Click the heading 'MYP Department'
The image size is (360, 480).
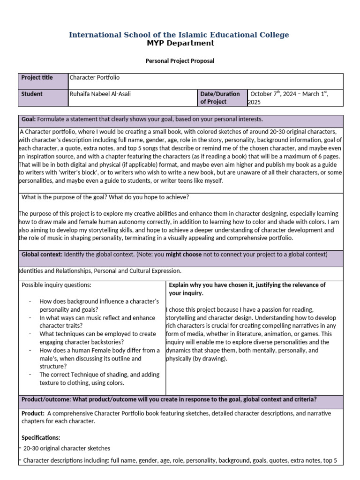tap(180, 43)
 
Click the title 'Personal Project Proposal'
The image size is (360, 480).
tap(180, 61)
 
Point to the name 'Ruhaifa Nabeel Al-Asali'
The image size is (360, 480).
tap(100, 94)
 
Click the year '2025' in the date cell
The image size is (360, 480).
tap(254, 102)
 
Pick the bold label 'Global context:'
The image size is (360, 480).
tap(42, 254)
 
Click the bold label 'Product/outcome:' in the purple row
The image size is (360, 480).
tap(46, 399)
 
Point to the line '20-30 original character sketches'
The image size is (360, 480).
tap(67, 449)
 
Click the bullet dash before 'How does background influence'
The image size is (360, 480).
tap(30, 301)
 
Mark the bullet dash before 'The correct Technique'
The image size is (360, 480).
tap(30, 375)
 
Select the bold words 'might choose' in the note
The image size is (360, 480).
tap(184, 254)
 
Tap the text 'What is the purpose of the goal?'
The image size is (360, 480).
tap(65, 197)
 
